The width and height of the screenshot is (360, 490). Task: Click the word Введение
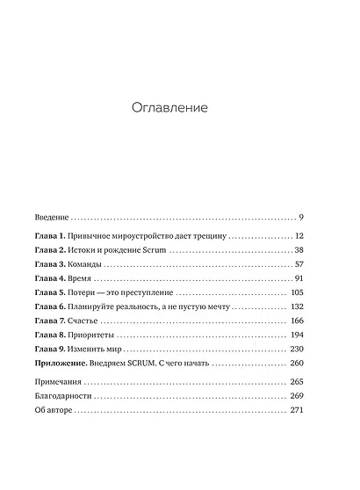point(51,216)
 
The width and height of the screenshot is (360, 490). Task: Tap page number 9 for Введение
point(300,216)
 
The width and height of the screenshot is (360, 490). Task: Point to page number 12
point(299,236)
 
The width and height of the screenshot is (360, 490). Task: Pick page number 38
point(298,251)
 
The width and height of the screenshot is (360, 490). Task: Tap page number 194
point(296,335)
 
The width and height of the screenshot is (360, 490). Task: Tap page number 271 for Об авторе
point(296,411)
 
